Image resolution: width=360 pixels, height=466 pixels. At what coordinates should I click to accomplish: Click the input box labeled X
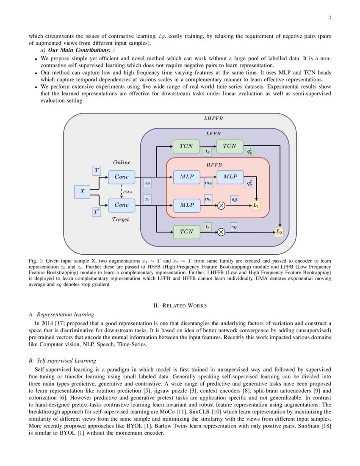click(x=82, y=191)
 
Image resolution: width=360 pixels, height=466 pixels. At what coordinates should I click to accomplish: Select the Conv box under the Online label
click(x=122, y=177)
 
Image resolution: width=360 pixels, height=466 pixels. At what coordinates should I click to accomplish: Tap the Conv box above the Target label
click(x=122, y=205)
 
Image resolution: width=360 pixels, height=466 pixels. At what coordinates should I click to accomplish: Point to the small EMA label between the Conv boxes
click(x=127, y=191)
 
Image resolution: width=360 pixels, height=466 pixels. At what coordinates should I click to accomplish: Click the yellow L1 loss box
click(x=256, y=205)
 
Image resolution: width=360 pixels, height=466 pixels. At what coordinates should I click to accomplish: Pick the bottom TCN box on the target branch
click(x=186, y=232)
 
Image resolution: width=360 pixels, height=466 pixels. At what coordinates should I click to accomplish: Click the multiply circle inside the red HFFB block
click(x=221, y=206)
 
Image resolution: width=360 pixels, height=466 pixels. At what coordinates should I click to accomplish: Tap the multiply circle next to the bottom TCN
click(x=221, y=232)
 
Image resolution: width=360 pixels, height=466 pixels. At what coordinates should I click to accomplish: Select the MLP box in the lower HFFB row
click(x=186, y=205)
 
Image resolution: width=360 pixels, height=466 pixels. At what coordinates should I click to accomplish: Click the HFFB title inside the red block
click(x=214, y=164)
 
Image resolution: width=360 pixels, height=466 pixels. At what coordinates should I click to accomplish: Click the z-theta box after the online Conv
click(x=147, y=183)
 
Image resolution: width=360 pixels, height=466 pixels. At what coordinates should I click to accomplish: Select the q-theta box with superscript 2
click(x=251, y=183)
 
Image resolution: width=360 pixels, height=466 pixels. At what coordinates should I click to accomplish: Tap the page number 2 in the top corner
click(x=329, y=17)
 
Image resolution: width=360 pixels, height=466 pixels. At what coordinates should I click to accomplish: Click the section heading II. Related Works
click(x=180, y=305)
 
